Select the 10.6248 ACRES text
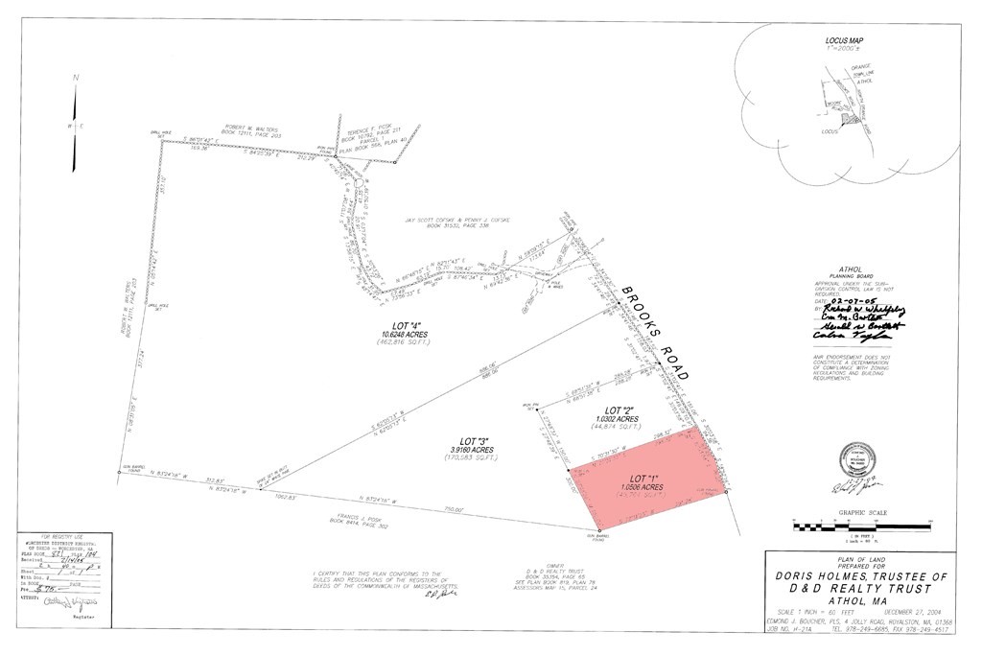click(402, 335)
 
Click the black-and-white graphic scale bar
click(860, 526)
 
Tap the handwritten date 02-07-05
click(855, 300)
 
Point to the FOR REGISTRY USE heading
click(49, 538)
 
